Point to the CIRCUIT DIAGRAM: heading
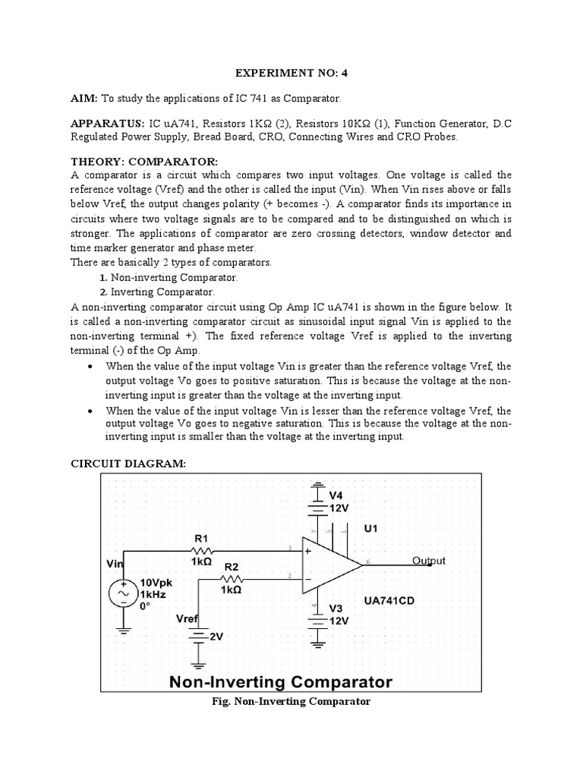click(x=128, y=464)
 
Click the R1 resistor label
click(x=202, y=535)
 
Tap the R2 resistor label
click(x=232, y=566)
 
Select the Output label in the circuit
click(x=428, y=561)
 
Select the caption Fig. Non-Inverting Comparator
click(x=291, y=701)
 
